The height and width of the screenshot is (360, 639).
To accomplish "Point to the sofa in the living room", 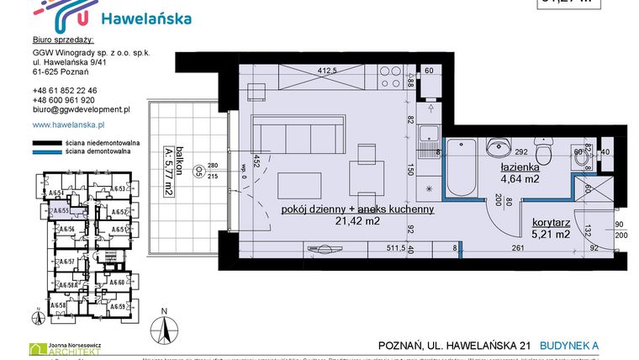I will pos(298,135).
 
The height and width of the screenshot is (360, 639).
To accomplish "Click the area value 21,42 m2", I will pos(358,221).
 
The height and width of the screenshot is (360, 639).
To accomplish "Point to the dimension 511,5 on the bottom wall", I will pos(408,248).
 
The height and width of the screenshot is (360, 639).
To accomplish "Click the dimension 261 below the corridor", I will pos(517,248).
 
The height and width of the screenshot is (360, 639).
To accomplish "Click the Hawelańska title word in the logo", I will pos(145,19).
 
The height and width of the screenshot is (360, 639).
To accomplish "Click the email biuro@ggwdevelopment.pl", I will pos(81,109).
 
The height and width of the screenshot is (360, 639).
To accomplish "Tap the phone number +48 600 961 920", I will pos(64,99).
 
